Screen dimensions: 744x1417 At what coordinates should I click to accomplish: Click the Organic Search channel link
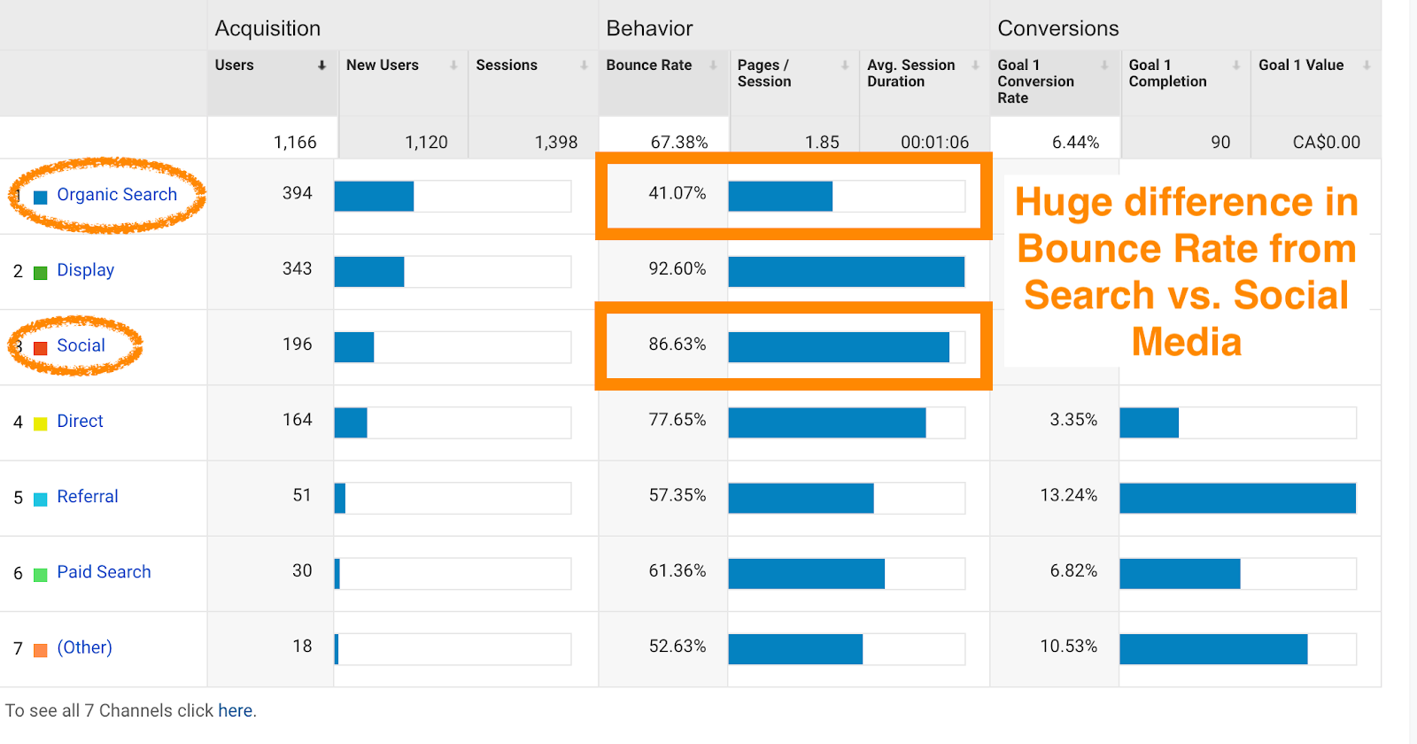117,195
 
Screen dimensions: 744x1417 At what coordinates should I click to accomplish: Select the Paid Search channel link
104,572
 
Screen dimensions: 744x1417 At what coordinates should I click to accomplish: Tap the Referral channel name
87,497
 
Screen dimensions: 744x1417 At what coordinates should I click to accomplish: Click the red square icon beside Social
40,348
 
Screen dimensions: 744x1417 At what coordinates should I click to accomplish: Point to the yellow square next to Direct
40,423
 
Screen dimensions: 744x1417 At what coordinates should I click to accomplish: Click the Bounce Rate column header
648,66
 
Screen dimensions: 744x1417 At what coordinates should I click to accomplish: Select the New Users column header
382,66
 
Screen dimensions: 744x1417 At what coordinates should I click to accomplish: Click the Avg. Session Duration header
910,74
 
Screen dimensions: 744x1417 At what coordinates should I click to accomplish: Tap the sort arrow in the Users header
321,66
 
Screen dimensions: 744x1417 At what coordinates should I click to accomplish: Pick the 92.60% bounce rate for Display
677,269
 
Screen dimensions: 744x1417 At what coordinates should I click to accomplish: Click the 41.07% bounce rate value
677,193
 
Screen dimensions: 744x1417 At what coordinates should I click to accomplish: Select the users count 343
297,269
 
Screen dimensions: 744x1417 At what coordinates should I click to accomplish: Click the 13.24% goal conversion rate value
1068,495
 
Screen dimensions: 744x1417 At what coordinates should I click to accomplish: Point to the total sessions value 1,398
555,143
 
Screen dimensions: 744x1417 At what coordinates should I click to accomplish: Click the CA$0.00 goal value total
1326,143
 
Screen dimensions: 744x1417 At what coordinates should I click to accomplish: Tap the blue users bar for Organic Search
374,197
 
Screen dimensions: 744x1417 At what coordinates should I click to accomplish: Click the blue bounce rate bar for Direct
826,423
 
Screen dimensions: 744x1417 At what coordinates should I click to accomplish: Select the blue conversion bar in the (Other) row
1212,649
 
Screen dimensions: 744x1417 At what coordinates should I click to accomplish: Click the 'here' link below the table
235,711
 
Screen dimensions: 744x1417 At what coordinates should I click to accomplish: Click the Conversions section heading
1057,28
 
